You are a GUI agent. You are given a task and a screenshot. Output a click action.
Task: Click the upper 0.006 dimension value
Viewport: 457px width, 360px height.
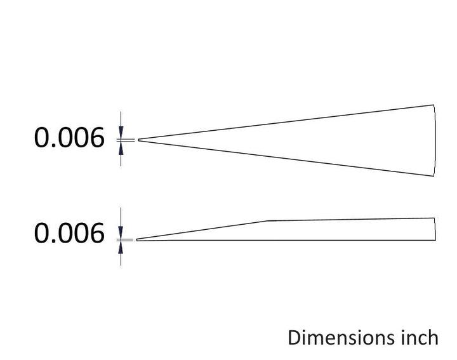coord(69,137)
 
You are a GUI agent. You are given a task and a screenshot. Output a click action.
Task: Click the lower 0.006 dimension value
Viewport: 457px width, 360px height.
coord(69,233)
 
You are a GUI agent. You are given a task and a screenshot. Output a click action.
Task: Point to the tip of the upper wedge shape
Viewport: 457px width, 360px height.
coord(138,140)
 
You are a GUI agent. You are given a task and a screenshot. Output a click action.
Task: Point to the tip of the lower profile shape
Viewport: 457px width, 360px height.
coord(136,240)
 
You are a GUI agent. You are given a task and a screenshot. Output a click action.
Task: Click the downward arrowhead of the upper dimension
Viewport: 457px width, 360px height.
coord(121,131)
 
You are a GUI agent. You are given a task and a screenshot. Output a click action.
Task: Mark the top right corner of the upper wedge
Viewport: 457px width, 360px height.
coord(434,105)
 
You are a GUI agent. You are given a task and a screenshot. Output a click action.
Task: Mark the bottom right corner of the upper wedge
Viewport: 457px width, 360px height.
coord(434,176)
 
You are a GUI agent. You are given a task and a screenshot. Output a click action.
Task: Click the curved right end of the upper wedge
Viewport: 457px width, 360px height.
coord(436,140)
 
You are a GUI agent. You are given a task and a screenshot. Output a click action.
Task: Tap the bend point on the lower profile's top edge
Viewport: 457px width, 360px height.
coord(268,221)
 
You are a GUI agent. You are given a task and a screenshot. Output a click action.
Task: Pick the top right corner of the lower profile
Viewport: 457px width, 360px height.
coord(434,218)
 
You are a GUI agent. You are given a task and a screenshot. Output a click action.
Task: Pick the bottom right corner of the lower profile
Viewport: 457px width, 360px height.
coord(435,240)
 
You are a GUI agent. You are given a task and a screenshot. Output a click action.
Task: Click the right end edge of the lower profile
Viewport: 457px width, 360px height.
coord(435,229)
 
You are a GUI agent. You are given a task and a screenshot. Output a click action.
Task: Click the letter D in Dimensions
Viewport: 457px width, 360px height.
coord(294,338)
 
